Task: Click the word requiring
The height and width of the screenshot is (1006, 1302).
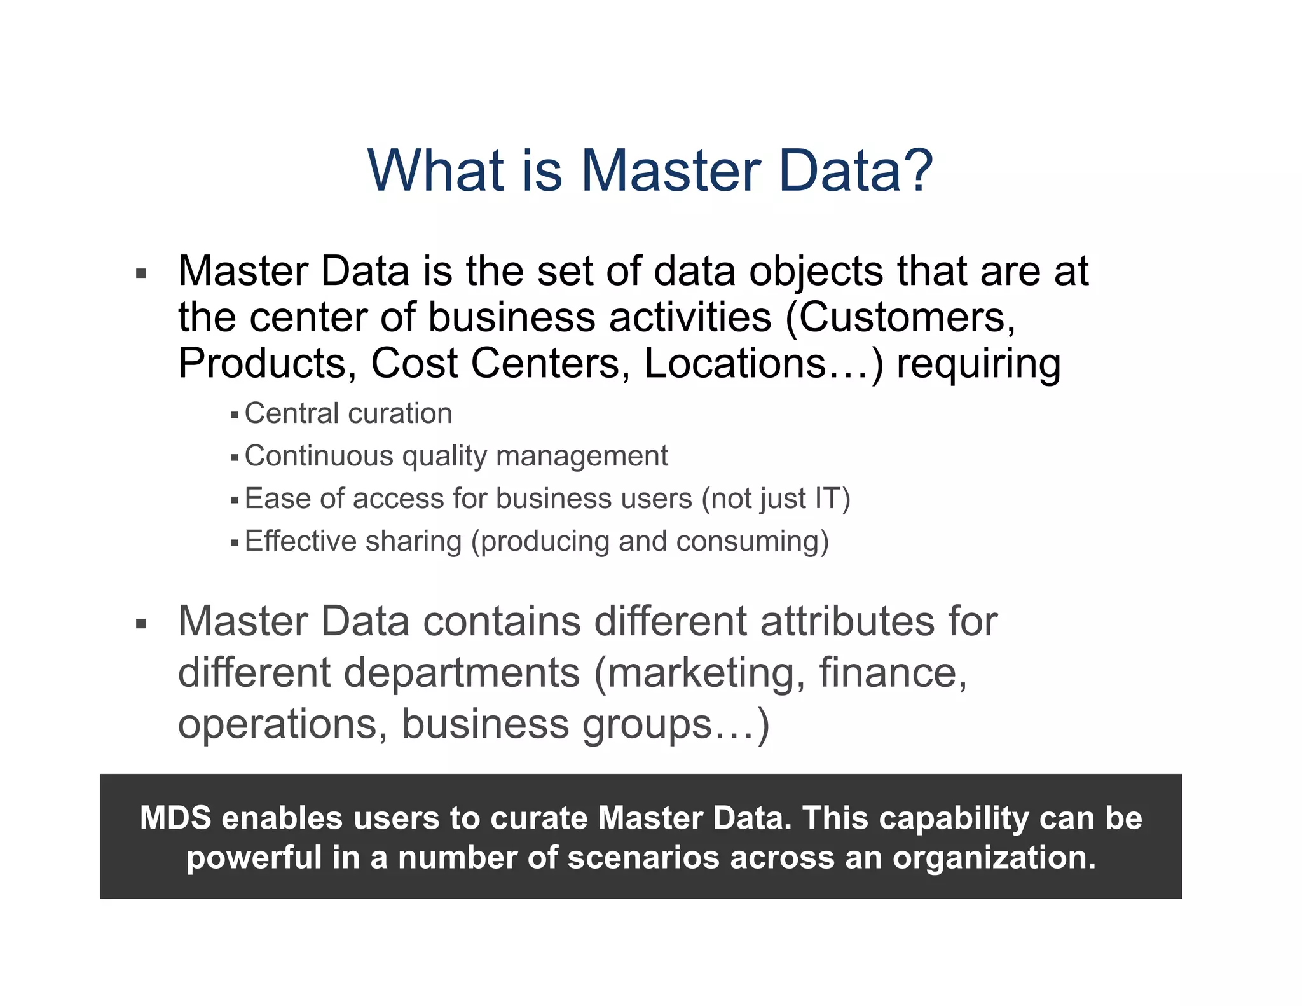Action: (978, 365)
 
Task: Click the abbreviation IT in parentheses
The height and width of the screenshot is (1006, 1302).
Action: (828, 499)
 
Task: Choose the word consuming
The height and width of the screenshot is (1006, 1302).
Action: (752, 542)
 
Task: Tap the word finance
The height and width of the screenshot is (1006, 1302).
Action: (892, 672)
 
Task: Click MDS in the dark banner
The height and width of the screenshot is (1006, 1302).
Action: (175, 818)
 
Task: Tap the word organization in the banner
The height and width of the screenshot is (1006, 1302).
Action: (994, 858)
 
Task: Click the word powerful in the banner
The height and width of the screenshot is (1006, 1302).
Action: (254, 857)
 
